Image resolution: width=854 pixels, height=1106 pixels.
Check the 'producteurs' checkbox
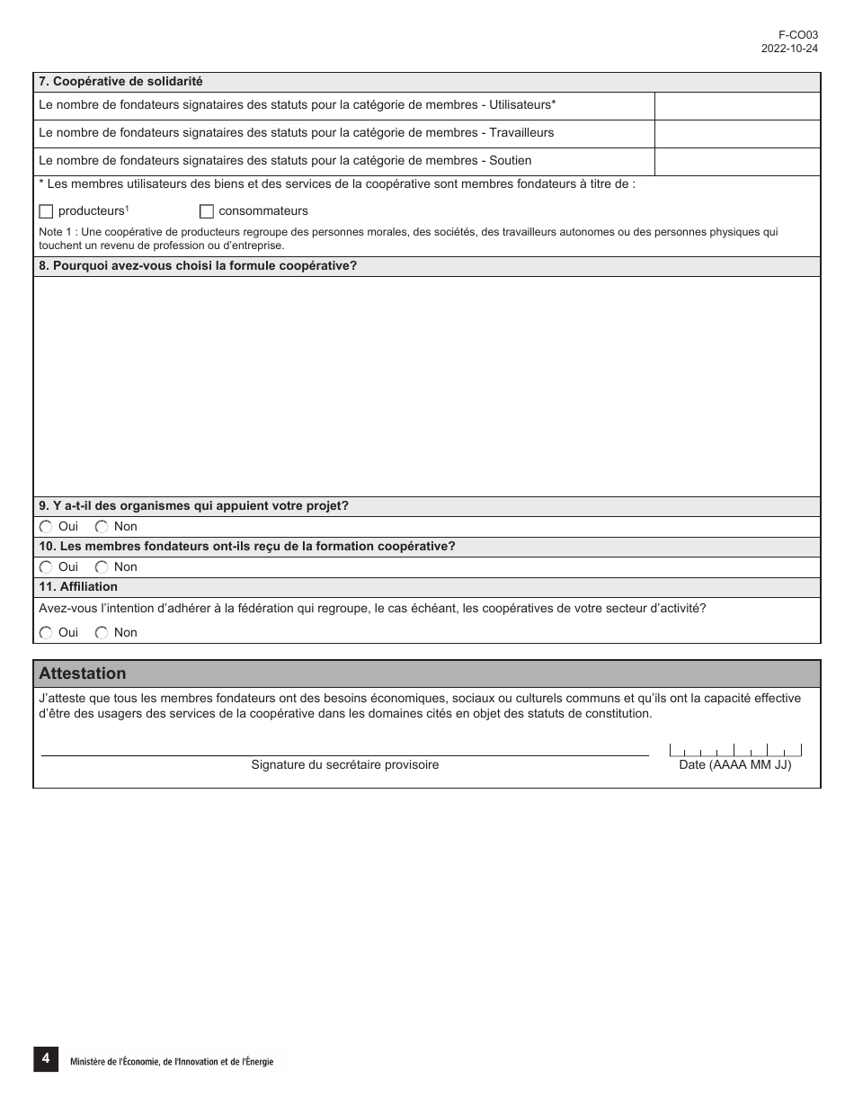click(47, 212)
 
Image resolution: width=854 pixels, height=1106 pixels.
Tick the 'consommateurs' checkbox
click(207, 212)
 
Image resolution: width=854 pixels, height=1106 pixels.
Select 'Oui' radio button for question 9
click(46, 527)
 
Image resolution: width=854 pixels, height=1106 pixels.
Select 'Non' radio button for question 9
click(102, 527)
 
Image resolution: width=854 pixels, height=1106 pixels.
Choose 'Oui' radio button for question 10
click(46, 567)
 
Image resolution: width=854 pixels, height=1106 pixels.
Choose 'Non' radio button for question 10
click(102, 567)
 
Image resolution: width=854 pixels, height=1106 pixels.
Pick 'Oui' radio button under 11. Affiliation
click(46, 633)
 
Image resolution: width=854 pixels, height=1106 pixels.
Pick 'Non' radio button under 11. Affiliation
click(102, 633)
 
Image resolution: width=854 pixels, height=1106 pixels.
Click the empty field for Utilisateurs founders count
click(737, 106)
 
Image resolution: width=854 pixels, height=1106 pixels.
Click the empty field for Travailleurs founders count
click(737, 133)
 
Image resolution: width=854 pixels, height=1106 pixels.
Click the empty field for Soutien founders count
click(737, 161)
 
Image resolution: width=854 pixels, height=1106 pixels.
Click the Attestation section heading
click(83, 673)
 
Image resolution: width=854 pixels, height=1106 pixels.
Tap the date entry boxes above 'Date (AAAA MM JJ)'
click(735, 750)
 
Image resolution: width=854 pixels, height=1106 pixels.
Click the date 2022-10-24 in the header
click(789, 49)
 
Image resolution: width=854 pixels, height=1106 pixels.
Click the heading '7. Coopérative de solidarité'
click(121, 82)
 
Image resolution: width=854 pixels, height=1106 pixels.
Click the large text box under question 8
click(427, 387)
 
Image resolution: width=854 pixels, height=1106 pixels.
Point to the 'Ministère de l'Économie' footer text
click(172, 1062)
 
